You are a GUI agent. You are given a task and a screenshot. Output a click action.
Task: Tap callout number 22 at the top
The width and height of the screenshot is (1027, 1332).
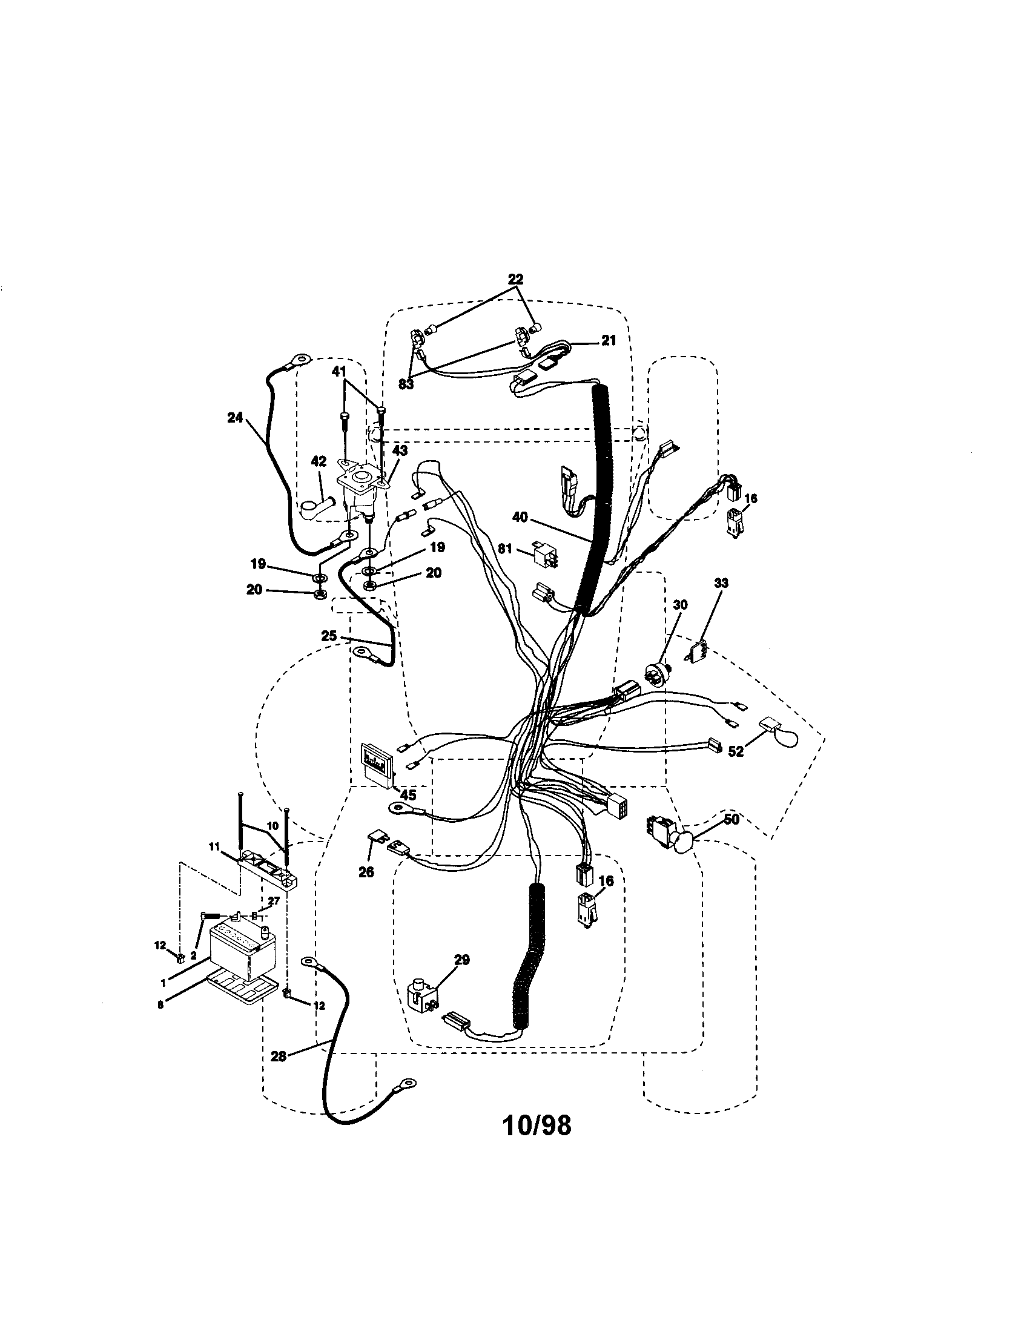(515, 279)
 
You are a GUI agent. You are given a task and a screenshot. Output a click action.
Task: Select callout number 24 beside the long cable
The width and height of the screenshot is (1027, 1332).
(235, 418)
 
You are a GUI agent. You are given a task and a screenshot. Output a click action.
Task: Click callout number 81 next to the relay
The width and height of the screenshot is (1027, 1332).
(504, 549)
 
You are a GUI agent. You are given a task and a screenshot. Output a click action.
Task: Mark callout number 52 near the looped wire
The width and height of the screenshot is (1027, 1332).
(736, 751)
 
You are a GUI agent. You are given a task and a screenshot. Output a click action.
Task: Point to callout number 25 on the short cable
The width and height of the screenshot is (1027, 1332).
(329, 636)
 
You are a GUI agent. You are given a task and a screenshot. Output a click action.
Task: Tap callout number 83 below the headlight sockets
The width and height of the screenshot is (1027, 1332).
(406, 384)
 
